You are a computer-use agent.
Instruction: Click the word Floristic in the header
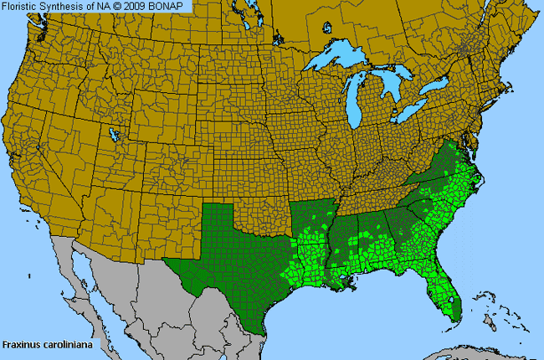(23, 7)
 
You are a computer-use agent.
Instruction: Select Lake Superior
(343, 60)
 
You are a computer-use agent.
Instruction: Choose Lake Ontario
(438, 87)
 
